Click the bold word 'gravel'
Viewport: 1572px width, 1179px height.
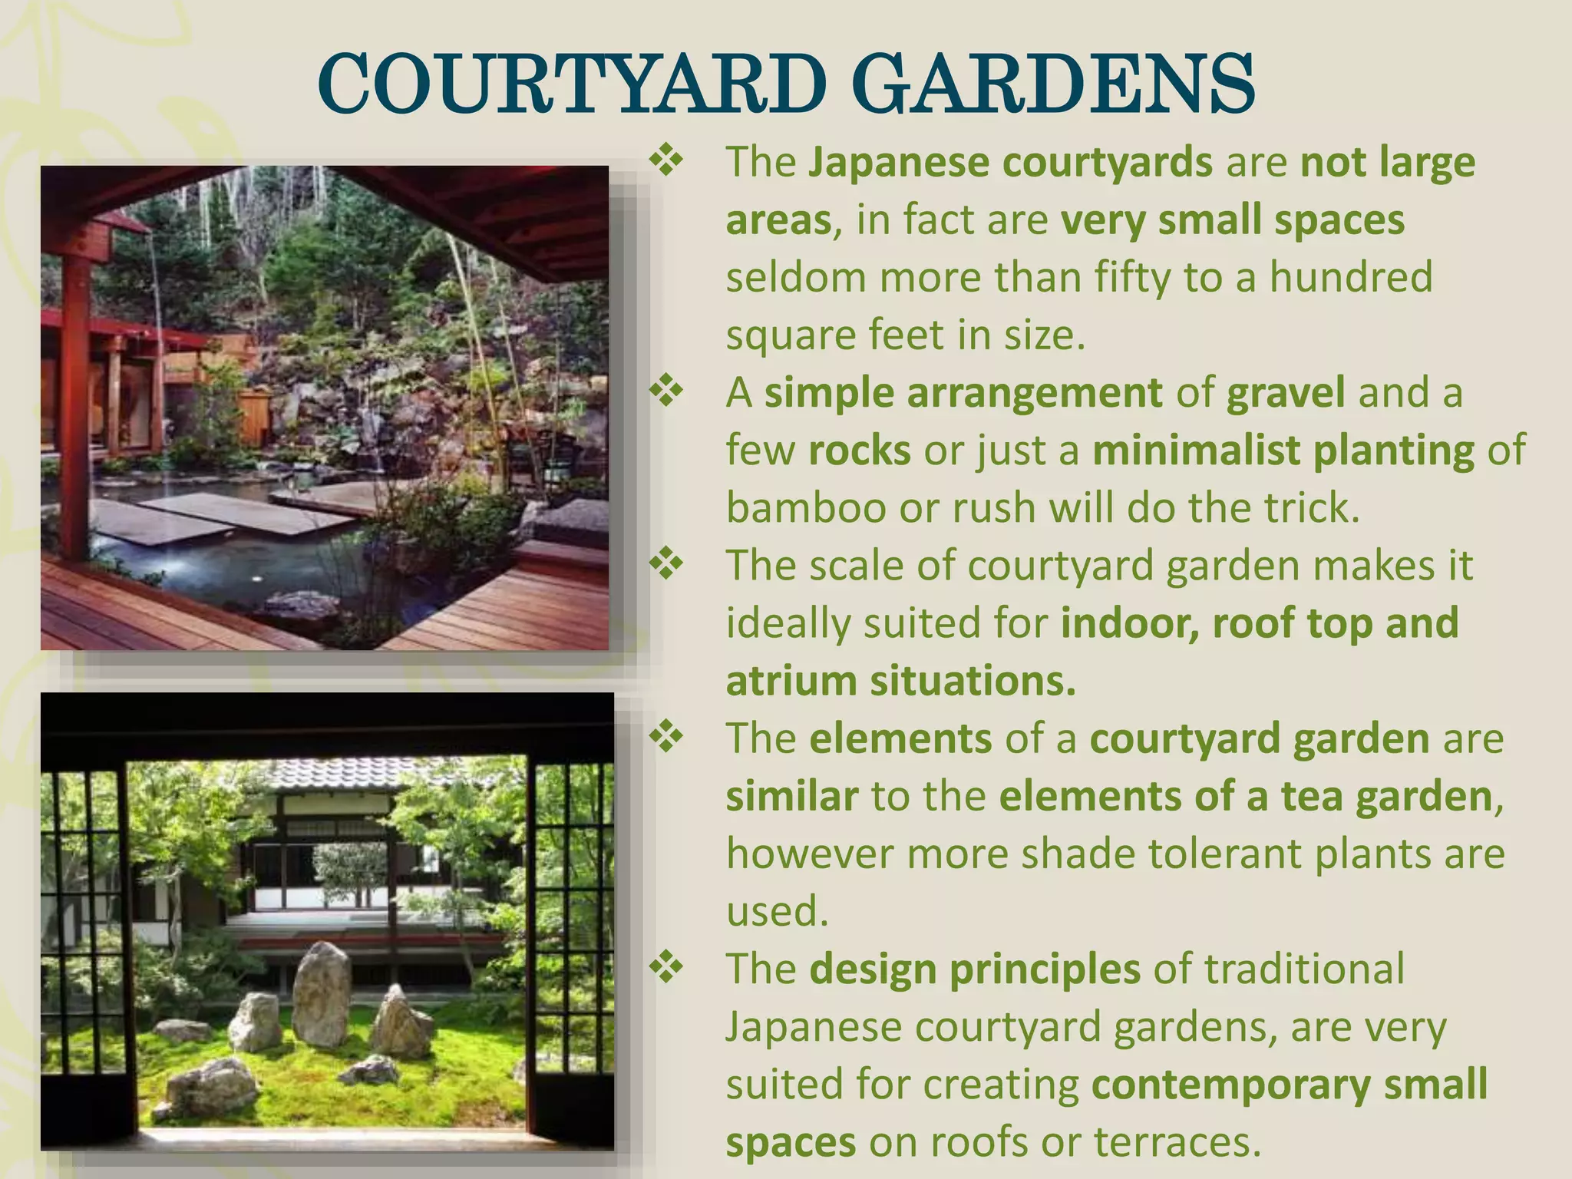(x=1286, y=393)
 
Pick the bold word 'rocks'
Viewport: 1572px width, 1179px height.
(x=860, y=451)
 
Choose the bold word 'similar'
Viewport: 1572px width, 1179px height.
(x=791, y=796)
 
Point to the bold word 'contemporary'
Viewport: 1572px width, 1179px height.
(x=1230, y=1084)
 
